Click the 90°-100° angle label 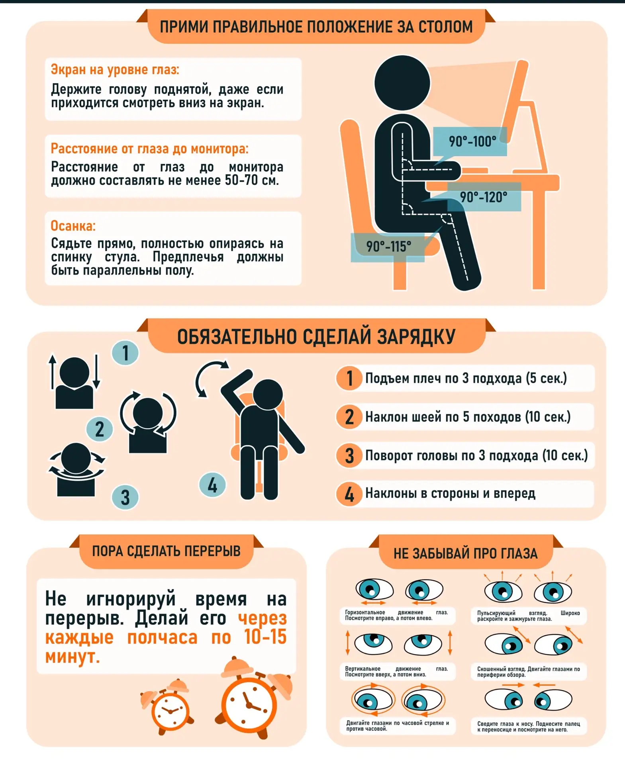tap(472, 141)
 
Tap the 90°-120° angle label tap(484, 197)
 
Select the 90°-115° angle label tap(388, 246)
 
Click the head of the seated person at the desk tap(402, 83)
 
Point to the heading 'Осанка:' tap(73, 226)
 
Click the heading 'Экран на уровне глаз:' tap(115, 70)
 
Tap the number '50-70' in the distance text tap(241, 180)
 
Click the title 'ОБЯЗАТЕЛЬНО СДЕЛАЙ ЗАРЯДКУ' tap(316, 337)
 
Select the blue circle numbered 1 tap(125, 353)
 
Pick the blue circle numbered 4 tap(212, 485)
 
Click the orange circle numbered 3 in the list tap(349, 455)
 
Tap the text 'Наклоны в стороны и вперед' tap(450, 493)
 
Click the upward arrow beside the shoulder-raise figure tap(52, 372)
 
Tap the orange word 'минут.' tap(72, 656)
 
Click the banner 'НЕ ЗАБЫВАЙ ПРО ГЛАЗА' tap(466, 553)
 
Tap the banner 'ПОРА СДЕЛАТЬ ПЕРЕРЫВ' tap(167, 551)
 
